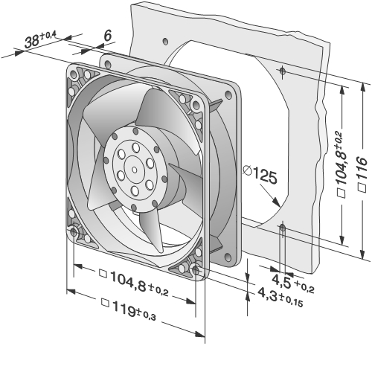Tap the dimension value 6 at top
108,36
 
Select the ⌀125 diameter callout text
260,175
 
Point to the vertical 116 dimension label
362,173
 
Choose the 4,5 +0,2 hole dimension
293,283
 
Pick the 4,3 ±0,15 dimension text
280,298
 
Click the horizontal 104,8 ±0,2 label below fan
134,282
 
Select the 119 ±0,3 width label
129,310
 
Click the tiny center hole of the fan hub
135,170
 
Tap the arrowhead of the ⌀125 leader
277,202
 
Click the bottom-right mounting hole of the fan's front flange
196,270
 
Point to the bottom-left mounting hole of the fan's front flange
74,232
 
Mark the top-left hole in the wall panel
165,41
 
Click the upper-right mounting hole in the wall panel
283,71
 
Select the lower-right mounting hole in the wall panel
282,227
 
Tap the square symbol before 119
106,303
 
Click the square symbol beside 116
362,188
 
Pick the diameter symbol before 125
247,170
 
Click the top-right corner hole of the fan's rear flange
228,94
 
